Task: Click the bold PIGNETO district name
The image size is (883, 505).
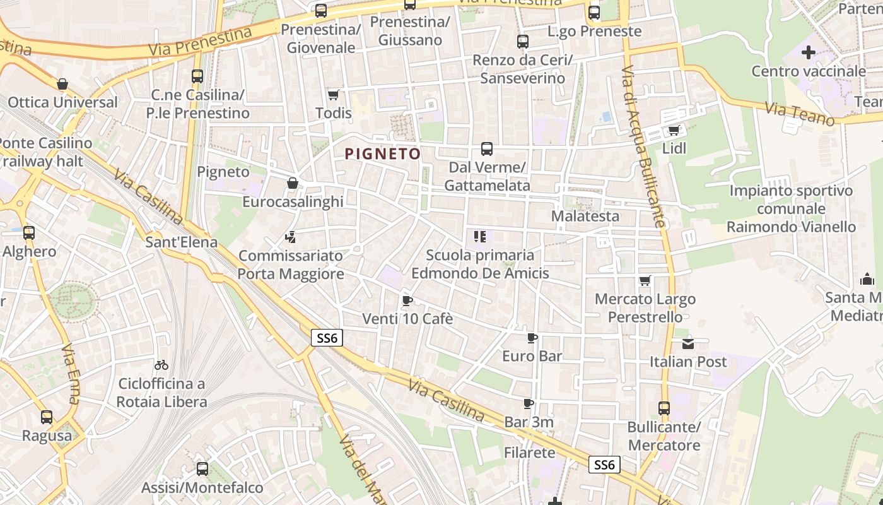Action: tap(382, 153)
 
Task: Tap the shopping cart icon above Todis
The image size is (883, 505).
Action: tap(334, 95)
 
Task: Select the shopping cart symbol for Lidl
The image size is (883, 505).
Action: tap(674, 130)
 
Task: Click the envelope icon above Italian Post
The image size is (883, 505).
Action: tap(687, 344)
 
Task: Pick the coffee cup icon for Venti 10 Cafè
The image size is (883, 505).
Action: tap(407, 300)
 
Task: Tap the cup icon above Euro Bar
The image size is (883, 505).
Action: tap(532, 338)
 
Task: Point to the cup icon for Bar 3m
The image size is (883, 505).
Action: tap(529, 403)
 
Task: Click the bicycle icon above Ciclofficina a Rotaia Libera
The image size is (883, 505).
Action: tap(161, 365)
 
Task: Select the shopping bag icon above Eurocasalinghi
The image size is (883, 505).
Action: tap(293, 183)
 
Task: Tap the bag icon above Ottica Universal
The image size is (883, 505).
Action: tap(62, 84)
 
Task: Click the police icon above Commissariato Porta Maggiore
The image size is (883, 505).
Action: tap(290, 237)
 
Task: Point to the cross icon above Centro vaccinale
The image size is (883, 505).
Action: tap(808, 52)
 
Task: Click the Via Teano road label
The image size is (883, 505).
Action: tap(800, 114)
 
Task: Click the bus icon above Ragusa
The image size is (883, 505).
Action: tap(47, 417)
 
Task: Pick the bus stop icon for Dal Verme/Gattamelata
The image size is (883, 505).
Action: tap(487, 149)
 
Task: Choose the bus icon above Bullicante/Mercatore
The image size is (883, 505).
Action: tap(664, 408)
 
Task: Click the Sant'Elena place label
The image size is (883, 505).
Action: tap(181, 242)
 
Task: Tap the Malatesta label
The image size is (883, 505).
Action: tap(585, 216)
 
